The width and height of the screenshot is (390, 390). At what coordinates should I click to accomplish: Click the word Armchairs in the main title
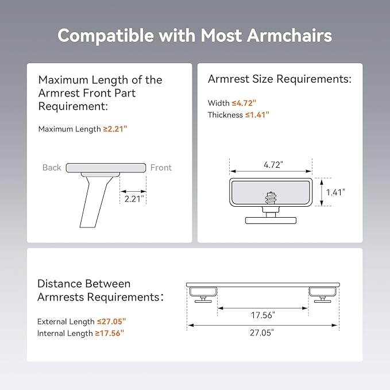pyautogui.click(x=289, y=35)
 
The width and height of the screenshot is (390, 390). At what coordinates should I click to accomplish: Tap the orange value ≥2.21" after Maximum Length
pyautogui.click(x=115, y=129)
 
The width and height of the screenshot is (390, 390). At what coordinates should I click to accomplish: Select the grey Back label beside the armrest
pyautogui.click(x=52, y=167)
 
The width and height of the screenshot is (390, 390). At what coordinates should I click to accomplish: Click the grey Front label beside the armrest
pyautogui.click(x=161, y=167)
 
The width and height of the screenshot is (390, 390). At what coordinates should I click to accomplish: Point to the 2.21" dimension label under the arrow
pyautogui.click(x=134, y=199)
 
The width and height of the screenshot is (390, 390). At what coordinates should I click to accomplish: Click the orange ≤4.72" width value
pyautogui.click(x=244, y=103)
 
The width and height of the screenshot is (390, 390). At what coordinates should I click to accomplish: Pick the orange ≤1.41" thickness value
pyautogui.click(x=257, y=115)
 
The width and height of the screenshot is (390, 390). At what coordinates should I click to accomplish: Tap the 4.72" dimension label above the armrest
pyautogui.click(x=273, y=165)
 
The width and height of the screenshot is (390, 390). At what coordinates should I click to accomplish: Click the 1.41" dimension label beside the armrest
pyautogui.click(x=335, y=192)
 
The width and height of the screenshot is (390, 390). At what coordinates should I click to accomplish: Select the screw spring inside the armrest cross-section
pyautogui.click(x=271, y=198)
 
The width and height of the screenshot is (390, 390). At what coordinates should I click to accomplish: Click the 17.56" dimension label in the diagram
pyautogui.click(x=263, y=315)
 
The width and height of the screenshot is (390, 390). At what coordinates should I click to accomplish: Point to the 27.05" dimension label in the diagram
pyautogui.click(x=262, y=333)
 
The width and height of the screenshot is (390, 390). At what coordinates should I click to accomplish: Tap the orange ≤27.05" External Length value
pyautogui.click(x=111, y=321)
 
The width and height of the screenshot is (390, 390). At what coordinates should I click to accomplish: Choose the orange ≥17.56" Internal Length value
pyautogui.click(x=110, y=333)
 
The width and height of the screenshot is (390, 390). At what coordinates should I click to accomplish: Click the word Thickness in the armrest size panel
pyautogui.click(x=225, y=115)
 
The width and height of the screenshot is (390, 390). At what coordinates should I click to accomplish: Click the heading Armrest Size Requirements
pyautogui.click(x=280, y=79)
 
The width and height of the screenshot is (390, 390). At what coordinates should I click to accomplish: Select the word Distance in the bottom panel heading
pyautogui.click(x=59, y=284)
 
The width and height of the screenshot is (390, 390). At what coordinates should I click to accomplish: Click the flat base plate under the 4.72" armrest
pyautogui.click(x=271, y=221)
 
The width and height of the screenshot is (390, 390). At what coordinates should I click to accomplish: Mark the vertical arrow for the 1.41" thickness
pyautogui.click(x=322, y=192)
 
